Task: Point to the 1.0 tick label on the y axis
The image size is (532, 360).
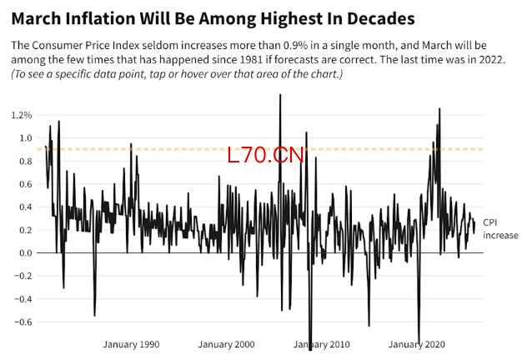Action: point(24,138)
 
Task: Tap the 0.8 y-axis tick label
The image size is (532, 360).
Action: point(24,161)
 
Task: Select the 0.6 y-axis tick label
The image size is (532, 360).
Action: point(24,184)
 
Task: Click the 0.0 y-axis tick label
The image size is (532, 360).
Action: point(24,252)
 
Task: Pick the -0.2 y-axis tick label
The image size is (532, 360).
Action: point(23,276)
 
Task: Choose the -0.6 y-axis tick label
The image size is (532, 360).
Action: point(23,322)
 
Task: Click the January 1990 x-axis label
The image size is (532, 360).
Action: point(131,344)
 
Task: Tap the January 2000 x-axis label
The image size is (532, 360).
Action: point(227,344)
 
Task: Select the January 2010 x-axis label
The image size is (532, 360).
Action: point(322,344)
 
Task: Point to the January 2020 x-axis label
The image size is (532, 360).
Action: point(418,344)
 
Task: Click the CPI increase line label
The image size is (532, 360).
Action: point(500,229)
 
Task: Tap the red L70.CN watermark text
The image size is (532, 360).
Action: point(266,154)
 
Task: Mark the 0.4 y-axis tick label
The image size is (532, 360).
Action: point(24,207)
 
